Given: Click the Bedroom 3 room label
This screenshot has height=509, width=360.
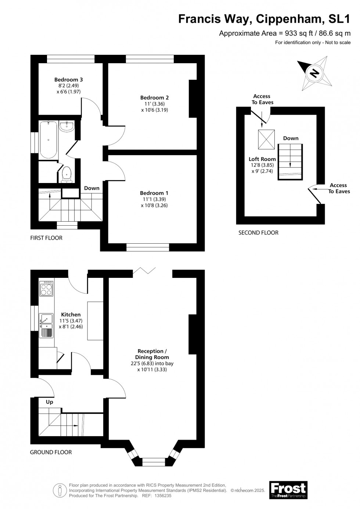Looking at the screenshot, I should pyautogui.click(x=68, y=79).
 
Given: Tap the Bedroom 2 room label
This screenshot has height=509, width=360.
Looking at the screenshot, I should pyautogui.click(x=154, y=97).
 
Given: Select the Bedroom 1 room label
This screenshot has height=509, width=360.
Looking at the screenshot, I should pyautogui.click(x=154, y=193).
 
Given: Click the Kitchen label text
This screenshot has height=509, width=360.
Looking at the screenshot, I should pyautogui.click(x=71, y=315).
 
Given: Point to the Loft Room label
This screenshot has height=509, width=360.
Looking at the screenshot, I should pyautogui.click(x=262, y=159).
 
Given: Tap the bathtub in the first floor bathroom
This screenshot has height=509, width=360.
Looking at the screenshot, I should pyautogui.click(x=48, y=139).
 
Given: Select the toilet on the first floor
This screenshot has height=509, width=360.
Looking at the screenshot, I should pyautogui.click(x=66, y=174).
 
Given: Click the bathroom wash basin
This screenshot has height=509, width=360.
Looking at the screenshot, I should pyautogui.click(x=67, y=126).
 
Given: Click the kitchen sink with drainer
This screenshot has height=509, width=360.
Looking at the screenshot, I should pyautogui.click(x=46, y=325).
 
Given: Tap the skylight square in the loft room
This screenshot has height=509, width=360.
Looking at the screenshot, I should pyautogui.click(x=266, y=140).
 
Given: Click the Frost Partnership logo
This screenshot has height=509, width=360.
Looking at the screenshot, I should pyautogui.click(x=288, y=490).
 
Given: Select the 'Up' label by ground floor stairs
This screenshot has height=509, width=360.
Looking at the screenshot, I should pyautogui.click(x=50, y=402).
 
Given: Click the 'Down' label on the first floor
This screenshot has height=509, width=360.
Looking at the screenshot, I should pyautogui.click(x=92, y=188).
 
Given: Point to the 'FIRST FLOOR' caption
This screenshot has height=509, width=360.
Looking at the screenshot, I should pyautogui.click(x=46, y=238).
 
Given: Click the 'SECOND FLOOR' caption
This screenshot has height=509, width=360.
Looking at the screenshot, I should pyautogui.click(x=258, y=233).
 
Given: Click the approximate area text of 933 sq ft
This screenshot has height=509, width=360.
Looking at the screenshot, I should pyautogui.click(x=285, y=33).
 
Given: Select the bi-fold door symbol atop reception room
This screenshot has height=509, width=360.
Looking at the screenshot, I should pyautogui.click(x=144, y=271).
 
